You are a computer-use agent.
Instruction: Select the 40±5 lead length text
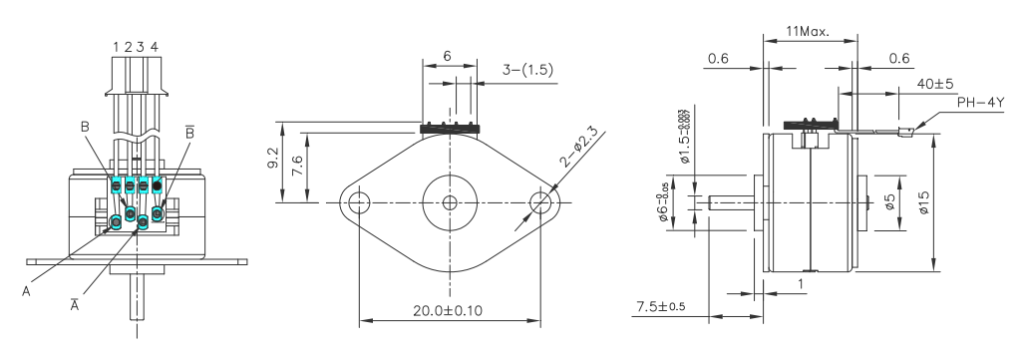click(935, 86)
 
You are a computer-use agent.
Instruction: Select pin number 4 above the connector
click(154, 46)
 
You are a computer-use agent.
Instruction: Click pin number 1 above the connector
click(117, 46)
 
